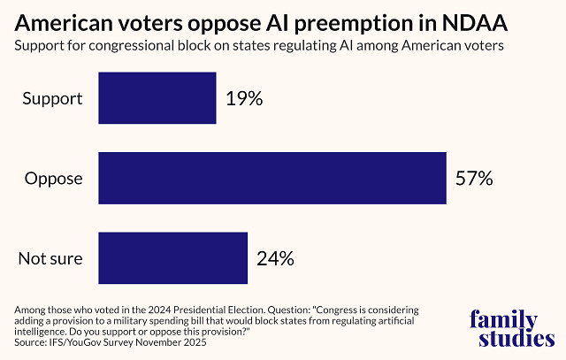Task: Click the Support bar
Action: coord(157,98)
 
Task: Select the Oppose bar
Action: coord(272,178)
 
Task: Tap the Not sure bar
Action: coord(172,258)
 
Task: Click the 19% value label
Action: coord(243,98)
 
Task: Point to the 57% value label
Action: coord(473,178)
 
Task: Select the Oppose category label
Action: coord(53,179)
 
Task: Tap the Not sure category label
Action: coord(50,259)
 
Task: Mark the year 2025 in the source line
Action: coord(192,341)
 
